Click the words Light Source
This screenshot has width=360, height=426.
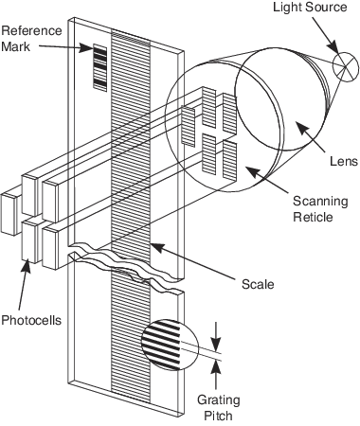click(310, 8)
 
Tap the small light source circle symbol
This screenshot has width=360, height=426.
click(346, 67)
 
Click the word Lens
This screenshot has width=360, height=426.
click(344, 161)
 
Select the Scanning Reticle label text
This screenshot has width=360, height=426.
click(320, 209)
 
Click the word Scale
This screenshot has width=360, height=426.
click(258, 284)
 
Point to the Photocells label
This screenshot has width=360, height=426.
click(31, 320)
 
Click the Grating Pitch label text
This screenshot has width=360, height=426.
click(219, 407)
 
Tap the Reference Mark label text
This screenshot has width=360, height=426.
click(31, 39)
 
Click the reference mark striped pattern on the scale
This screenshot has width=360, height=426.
click(99, 67)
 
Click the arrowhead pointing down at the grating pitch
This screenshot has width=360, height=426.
click(216, 345)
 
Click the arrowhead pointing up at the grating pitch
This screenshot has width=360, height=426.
click(216, 367)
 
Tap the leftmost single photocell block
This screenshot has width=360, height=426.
click(9, 214)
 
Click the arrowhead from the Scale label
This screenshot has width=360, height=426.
click(157, 247)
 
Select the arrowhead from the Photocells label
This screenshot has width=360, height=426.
click(27, 268)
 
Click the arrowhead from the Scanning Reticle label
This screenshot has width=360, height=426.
click(253, 171)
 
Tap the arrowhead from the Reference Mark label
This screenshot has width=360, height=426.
click(86, 48)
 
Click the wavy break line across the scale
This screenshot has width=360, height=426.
click(126, 265)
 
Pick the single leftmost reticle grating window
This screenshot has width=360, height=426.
click(189, 127)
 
